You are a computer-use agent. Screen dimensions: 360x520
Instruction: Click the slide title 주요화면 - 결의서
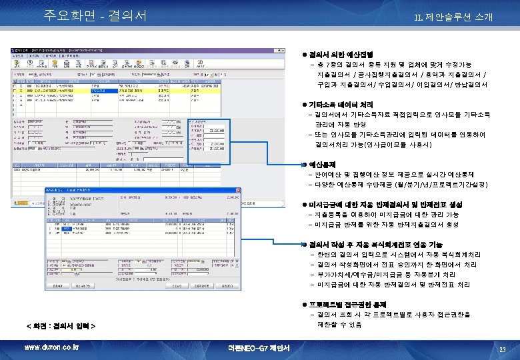[95, 15]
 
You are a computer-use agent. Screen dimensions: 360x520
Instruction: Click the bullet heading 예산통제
[327, 164]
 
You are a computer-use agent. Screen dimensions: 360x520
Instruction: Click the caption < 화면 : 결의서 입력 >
[61, 326]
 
